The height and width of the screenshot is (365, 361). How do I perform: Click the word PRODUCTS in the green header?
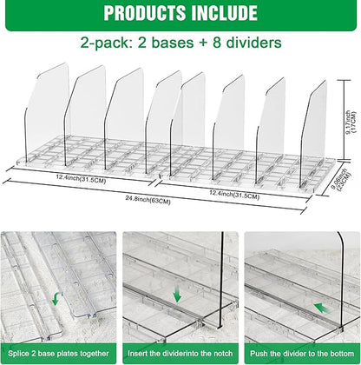point(142,13)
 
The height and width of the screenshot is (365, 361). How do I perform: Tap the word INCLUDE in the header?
point(225,13)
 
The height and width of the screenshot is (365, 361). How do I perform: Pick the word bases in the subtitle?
point(159,42)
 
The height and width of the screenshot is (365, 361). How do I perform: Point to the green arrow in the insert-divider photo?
point(179,295)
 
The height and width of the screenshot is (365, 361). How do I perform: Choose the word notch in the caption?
point(224,353)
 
